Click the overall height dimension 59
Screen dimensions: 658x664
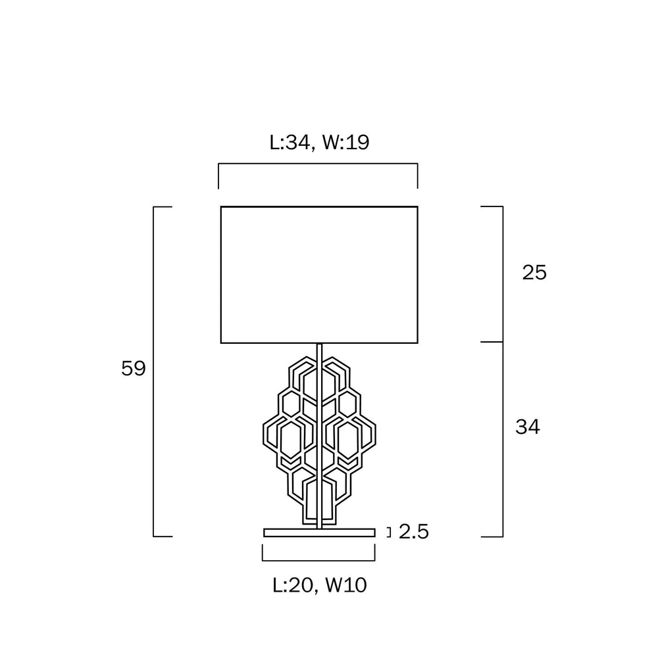[133, 368]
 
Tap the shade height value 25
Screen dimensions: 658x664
[534, 272]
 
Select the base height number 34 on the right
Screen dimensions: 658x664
[528, 427]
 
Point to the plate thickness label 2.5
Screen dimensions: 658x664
[414, 532]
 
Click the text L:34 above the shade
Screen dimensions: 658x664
[292, 142]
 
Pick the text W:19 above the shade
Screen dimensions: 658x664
[346, 142]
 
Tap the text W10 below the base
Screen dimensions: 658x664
[345, 585]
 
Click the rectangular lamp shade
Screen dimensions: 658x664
[319, 206]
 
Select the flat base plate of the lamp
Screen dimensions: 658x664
[319, 533]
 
